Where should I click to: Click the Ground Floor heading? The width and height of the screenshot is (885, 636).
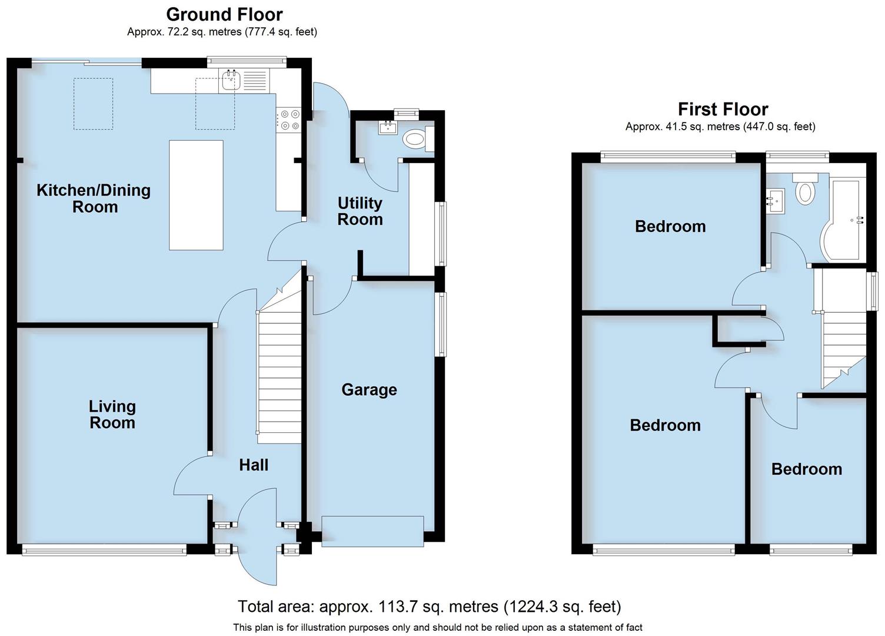[224, 14]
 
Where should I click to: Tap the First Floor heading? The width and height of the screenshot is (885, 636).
[723, 109]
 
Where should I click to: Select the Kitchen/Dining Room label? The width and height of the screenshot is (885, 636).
[94, 198]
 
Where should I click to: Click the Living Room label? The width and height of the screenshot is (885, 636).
[112, 415]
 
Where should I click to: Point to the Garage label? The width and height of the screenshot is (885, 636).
[369, 390]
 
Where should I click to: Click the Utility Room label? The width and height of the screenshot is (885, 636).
[360, 211]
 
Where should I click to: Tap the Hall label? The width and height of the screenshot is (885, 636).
[254, 465]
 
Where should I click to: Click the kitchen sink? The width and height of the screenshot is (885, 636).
[231, 80]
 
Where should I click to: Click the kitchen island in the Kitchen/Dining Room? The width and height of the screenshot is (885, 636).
[196, 195]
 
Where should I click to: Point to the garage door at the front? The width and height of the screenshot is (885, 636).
[372, 531]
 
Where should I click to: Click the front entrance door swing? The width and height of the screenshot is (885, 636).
[258, 536]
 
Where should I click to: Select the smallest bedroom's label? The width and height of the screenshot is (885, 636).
[806, 469]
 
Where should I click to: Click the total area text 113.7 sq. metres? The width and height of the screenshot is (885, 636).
[429, 607]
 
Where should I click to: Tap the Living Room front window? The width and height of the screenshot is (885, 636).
[104, 550]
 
